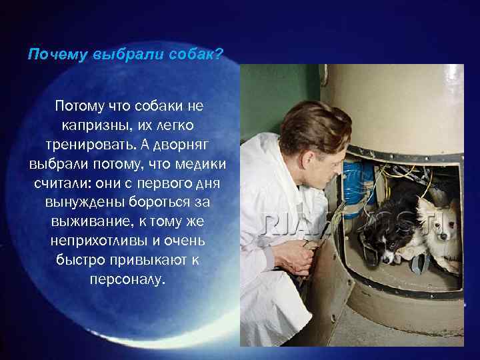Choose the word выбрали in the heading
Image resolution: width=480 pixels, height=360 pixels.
pos(124,54)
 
